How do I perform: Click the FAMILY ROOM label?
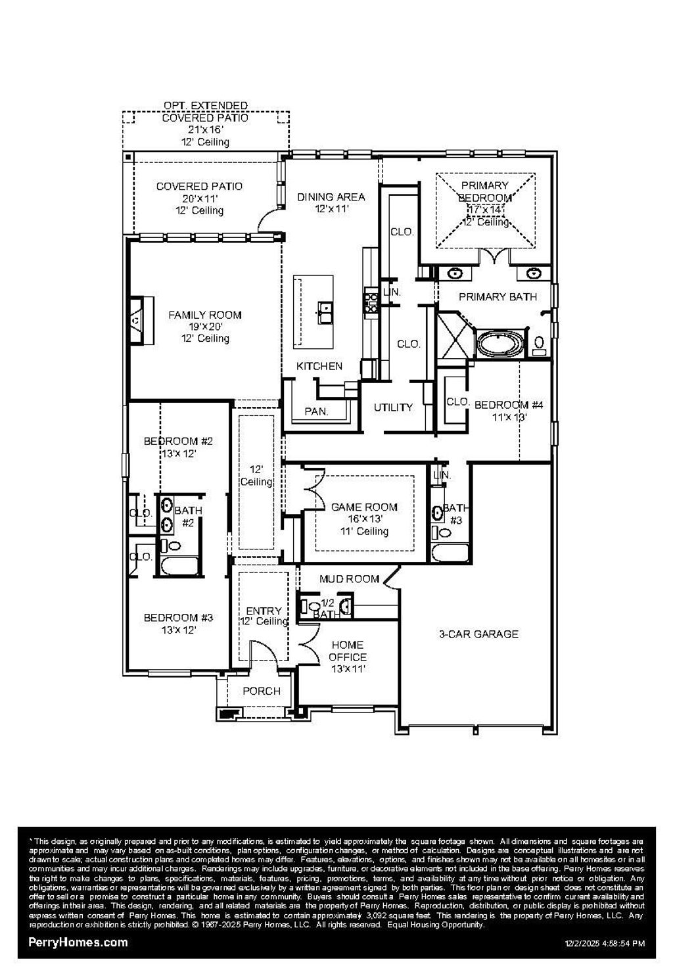[x=204, y=315]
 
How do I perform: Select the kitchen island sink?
[x=325, y=308]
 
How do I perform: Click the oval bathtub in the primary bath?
[x=501, y=344]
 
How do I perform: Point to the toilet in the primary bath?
[x=540, y=344]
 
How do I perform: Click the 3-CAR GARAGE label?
[x=478, y=634]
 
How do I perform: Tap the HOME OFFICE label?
[x=348, y=651]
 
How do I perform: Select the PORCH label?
[x=262, y=691]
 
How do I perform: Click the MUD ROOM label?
[x=349, y=579]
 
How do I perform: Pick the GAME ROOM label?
[x=364, y=507]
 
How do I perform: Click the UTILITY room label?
[x=393, y=407]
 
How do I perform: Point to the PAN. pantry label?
[x=316, y=412]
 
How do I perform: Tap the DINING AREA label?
[x=331, y=197]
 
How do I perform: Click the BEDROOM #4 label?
[x=509, y=405]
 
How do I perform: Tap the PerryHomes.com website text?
[x=78, y=942]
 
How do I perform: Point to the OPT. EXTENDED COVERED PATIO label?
[x=205, y=112]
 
